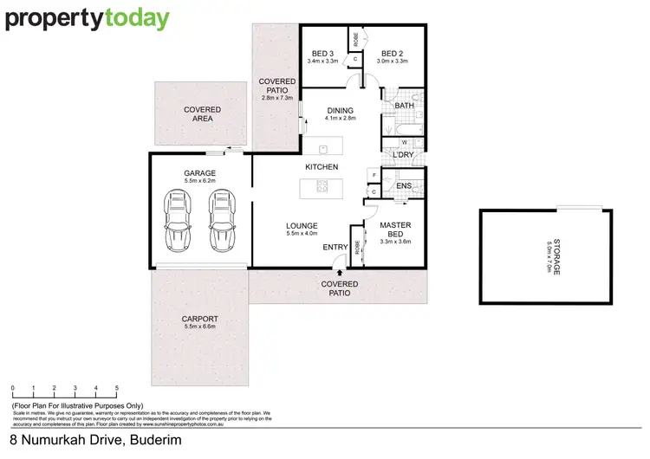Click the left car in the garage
[x=178, y=221]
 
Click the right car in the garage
[x=221, y=221]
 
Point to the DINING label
[x=339, y=110]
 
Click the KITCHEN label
[x=321, y=166]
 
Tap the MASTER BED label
[x=395, y=229]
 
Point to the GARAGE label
[x=200, y=173]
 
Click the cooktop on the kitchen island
[x=322, y=186]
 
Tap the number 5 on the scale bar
[x=117, y=387]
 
